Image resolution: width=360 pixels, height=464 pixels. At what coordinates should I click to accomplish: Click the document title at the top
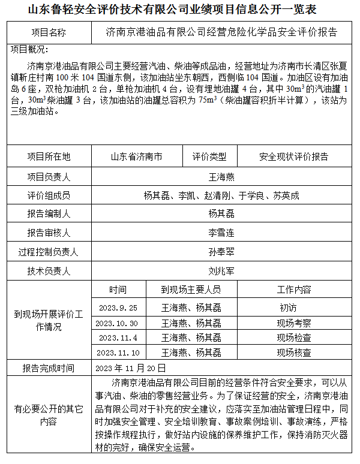point(180,10)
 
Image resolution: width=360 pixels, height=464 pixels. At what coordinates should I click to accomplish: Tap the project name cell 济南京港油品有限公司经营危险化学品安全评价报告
point(220,32)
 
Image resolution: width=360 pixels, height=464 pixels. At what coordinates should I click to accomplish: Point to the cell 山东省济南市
point(136,157)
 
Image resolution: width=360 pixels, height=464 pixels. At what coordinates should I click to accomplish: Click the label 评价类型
point(209,157)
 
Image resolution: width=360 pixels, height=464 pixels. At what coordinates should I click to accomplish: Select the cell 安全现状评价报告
point(293,157)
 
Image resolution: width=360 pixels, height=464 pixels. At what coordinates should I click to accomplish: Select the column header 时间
point(118,290)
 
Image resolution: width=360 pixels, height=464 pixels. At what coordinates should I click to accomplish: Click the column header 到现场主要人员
point(191,290)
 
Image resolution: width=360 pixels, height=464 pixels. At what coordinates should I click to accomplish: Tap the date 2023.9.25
point(118,308)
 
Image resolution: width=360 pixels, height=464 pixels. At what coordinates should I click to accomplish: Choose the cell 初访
point(288,308)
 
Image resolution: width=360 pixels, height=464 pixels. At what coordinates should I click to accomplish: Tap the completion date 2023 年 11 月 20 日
point(130,367)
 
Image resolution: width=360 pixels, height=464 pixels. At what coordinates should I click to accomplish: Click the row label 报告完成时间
point(48,368)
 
